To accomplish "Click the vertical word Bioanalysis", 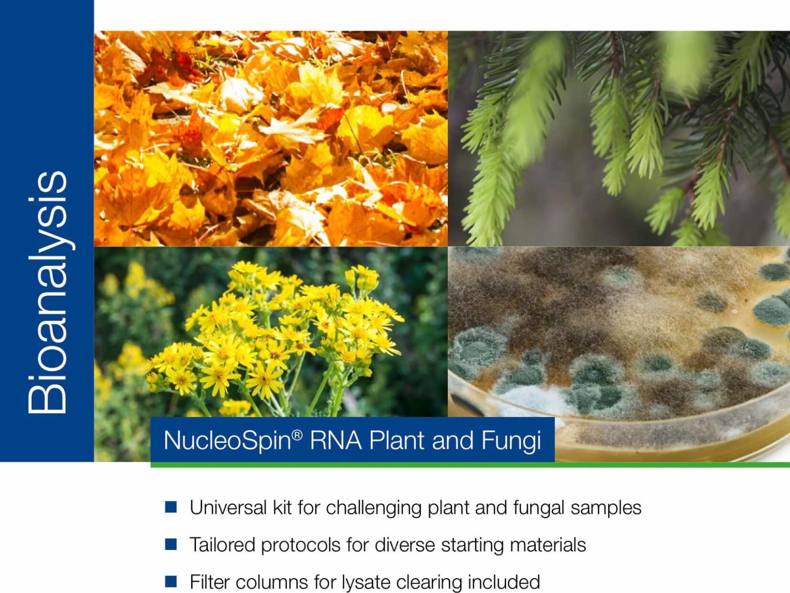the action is tap(47, 292).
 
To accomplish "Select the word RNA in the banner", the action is tap(335, 440).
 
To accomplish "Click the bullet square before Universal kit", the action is tap(171, 507).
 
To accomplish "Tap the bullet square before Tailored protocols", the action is tap(171, 544).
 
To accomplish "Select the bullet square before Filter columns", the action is tap(171, 581).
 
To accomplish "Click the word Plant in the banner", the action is tap(397, 440).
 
